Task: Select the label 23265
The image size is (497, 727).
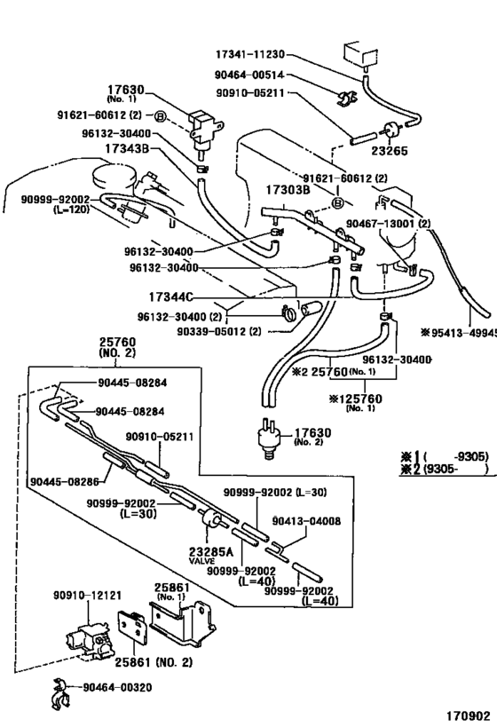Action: (390, 151)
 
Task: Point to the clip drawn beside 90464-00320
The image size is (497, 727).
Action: (64, 688)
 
